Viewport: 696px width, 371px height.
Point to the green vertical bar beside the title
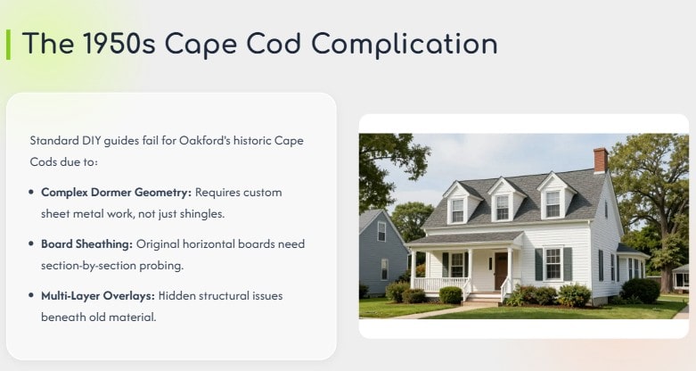coord(8,44)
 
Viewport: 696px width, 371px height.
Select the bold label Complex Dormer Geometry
coord(117,192)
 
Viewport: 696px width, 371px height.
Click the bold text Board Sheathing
coord(85,243)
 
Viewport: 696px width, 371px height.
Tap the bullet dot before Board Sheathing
coord(32,243)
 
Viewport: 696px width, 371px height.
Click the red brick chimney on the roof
coord(600,161)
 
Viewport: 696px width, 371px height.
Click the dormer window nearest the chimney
coord(554,202)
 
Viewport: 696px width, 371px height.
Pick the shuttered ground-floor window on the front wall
coord(553,263)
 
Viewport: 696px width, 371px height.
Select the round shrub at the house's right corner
coord(640,290)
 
